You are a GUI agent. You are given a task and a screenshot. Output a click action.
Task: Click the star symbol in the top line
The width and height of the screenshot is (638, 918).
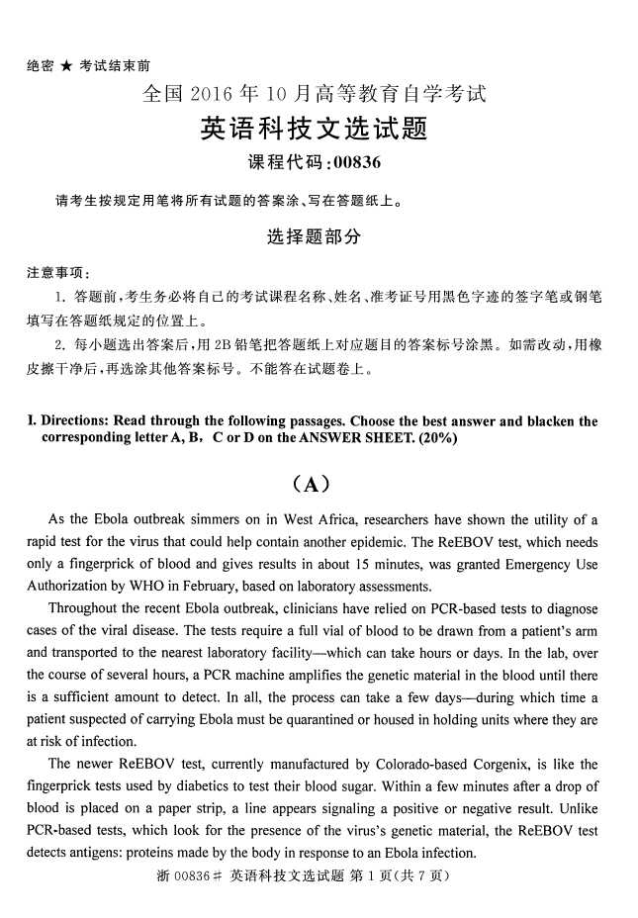65,66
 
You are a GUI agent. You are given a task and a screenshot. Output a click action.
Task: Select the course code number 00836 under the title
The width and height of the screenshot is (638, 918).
357,163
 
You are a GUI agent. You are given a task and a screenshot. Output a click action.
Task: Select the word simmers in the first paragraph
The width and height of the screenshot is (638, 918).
205,519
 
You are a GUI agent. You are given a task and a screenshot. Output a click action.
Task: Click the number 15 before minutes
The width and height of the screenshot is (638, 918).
390,564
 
